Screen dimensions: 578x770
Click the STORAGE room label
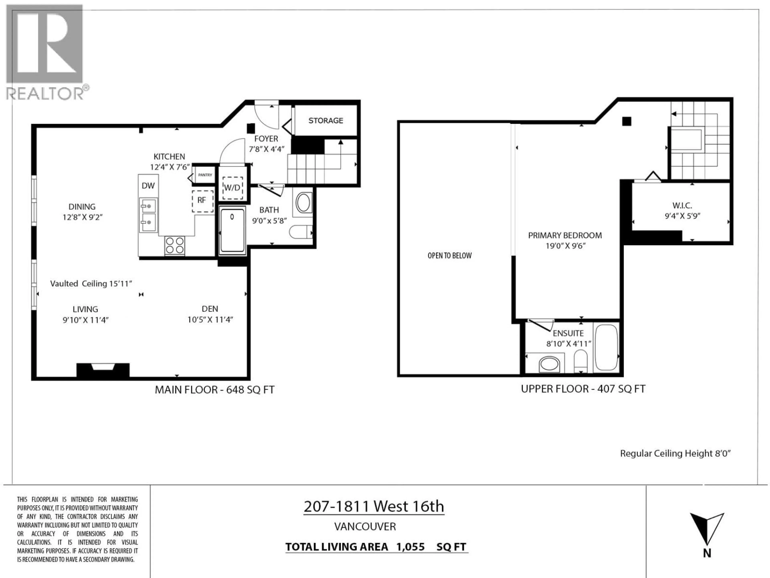coord(325,121)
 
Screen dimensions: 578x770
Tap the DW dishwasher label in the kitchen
coord(148,186)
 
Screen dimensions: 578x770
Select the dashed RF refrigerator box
coord(203,201)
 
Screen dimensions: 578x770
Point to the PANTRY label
coord(205,175)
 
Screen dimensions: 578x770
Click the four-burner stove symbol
coord(175,245)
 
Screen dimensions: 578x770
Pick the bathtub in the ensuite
coord(606,347)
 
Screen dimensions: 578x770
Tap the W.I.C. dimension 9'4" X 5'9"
coord(682,216)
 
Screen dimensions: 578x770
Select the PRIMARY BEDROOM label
coord(565,236)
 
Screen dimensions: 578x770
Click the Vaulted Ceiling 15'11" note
coord(91,284)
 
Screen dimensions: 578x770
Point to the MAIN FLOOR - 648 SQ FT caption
coord(214,390)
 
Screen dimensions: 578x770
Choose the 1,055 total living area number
coord(410,547)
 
